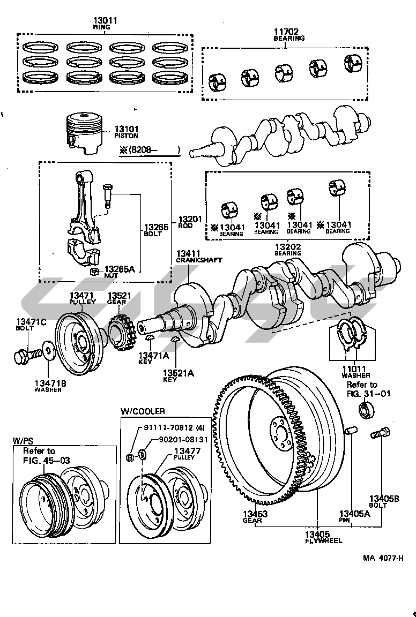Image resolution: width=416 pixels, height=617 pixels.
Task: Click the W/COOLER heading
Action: pos(143,411)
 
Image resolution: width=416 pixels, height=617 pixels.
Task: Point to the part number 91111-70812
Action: pos(167,427)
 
